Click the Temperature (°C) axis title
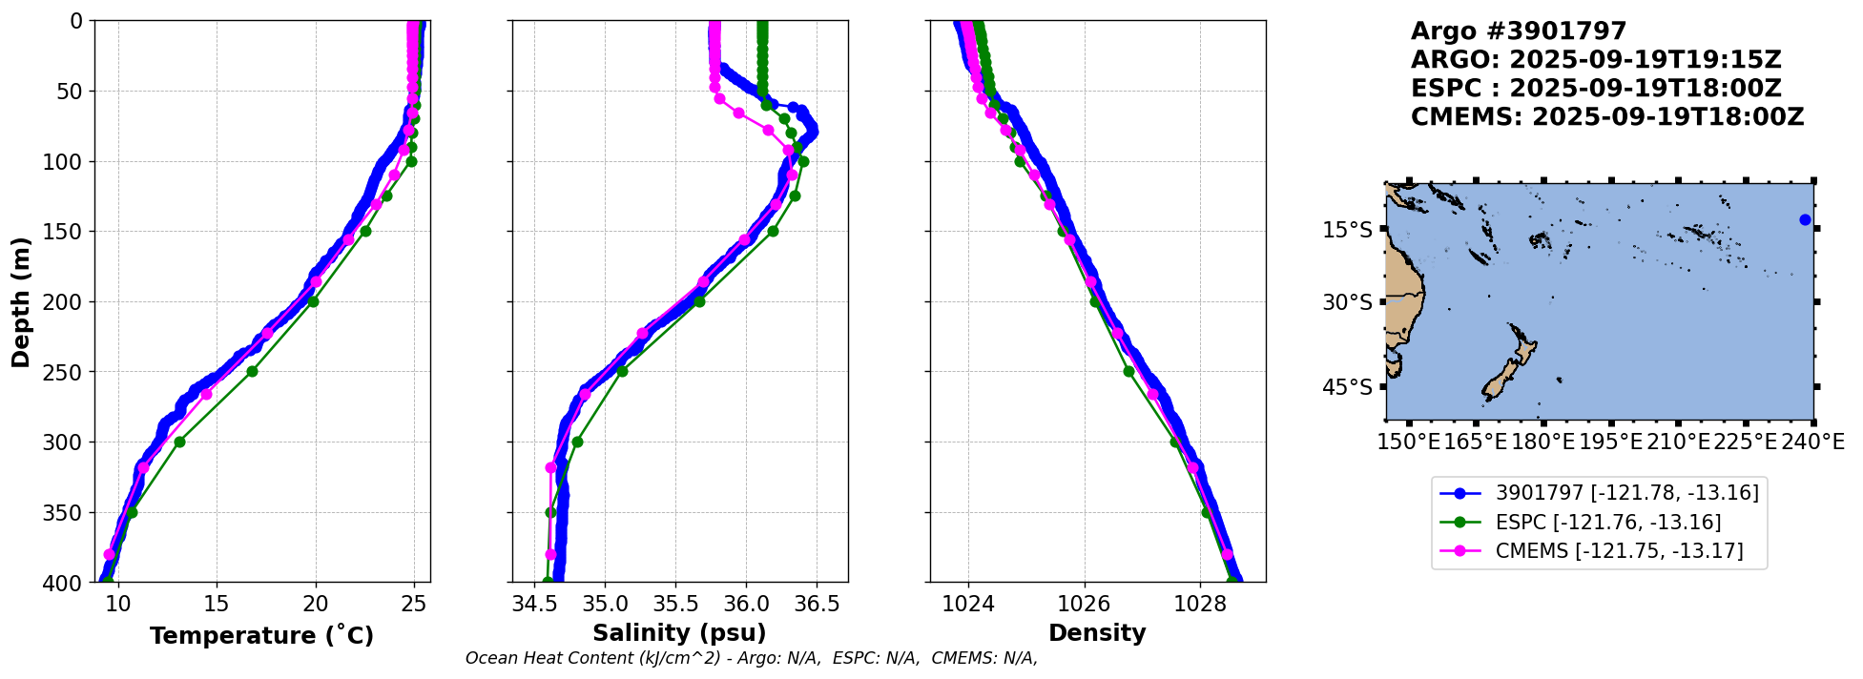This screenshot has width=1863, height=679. click(261, 636)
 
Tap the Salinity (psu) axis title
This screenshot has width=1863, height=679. click(679, 633)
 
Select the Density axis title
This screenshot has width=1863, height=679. click(1097, 633)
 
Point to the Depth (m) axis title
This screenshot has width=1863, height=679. click(21, 301)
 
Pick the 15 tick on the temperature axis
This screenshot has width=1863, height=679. click(217, 604)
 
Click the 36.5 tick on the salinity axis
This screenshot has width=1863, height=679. click(817, 604)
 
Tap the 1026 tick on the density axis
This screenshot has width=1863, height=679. click(1085, 604)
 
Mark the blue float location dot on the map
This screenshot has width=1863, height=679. click(1805, 220)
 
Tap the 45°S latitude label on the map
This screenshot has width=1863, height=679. click(1347, 387)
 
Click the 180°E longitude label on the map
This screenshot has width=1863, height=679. click(1543, 442)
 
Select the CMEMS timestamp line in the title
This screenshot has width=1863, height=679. click(1607, 117)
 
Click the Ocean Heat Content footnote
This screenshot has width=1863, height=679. click(751, 658)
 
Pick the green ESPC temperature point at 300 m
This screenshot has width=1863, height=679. click(179, 442)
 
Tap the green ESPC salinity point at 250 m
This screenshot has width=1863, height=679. click(622, 371)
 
